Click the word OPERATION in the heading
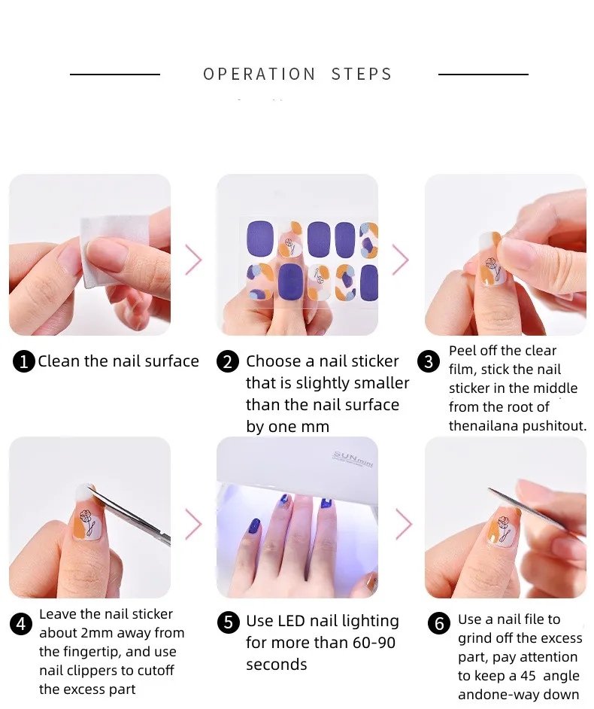point(259,75)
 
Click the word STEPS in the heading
point(362,75)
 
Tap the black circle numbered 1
point(24,362)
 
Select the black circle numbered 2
point(228,362)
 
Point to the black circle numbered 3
point(429,362)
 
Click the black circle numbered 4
point(21,624)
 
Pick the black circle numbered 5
point(228,622)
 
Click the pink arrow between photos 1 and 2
point(193,260)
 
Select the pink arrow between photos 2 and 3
point(400,260)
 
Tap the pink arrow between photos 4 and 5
point(193,523)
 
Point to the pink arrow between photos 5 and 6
point(404,523)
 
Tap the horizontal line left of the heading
point(114,75)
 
